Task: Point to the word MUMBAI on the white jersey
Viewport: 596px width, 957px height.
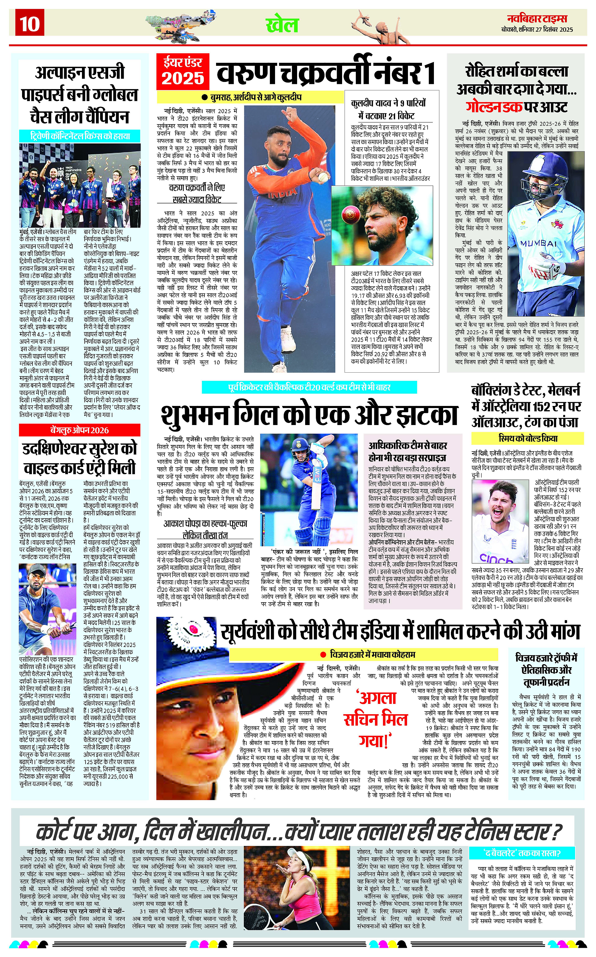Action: [x=538, y=243]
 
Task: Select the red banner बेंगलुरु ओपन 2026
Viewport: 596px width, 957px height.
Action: [x=80, y=430]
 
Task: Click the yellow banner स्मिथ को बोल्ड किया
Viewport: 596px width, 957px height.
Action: [x=527, y=438]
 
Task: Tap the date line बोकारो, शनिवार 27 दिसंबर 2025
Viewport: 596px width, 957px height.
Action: [x=537, y=29]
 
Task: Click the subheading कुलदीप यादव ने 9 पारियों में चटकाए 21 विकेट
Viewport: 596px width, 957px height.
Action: [x=388, y=109]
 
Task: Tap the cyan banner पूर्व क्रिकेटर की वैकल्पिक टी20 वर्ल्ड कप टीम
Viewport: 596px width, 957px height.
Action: [x=309, y=387]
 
